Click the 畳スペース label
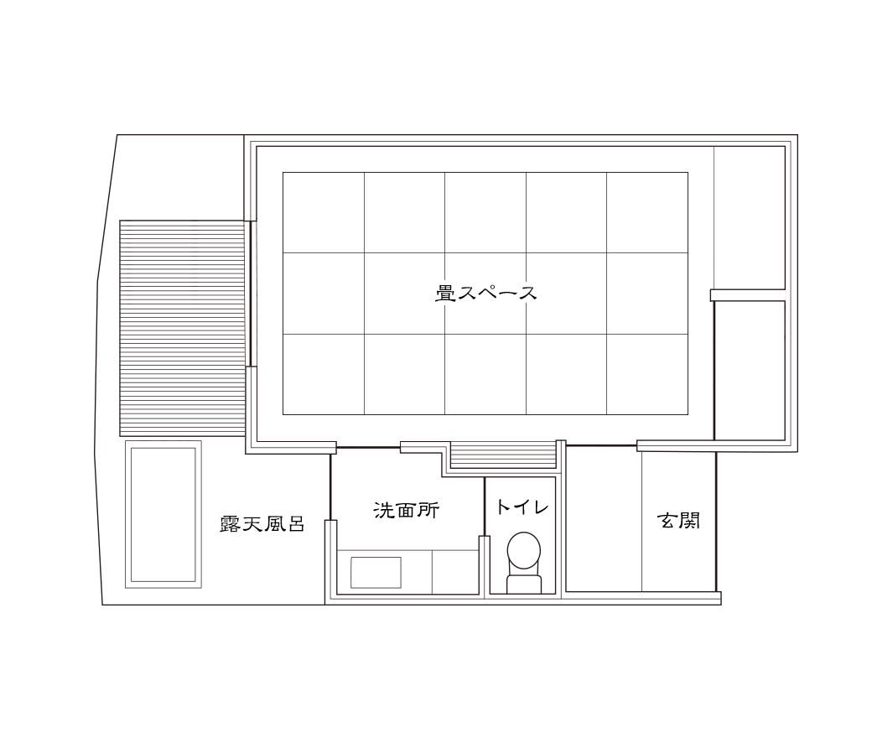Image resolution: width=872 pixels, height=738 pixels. (486, 293)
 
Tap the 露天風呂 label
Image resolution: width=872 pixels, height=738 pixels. (261, 525)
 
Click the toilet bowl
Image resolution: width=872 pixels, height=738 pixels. (524, 550)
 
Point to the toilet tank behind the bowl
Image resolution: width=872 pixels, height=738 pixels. (524, 583)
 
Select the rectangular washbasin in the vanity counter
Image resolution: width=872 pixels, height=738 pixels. (375, 572)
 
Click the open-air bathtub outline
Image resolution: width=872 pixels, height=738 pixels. (163, 513)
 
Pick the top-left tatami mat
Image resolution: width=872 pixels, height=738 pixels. (324, 212)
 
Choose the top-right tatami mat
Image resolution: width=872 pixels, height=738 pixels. (647, 212)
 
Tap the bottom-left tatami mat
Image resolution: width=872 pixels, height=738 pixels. (324, 374)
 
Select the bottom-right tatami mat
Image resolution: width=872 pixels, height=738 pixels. (647, 374)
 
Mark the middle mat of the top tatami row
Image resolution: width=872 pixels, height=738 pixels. (485, 212)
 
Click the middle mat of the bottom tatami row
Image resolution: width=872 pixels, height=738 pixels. (485, 374)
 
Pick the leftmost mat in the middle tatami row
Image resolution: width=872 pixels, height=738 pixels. (324, 294)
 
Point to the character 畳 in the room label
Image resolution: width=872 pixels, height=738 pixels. (445, 293)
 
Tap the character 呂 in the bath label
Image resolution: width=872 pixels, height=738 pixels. (294, 525)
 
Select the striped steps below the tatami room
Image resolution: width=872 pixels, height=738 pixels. (503, 455)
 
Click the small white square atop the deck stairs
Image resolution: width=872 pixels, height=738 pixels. (184, 211)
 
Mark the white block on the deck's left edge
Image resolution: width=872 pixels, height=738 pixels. (112, 290)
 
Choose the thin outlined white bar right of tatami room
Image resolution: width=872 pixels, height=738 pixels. (748, 295)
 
